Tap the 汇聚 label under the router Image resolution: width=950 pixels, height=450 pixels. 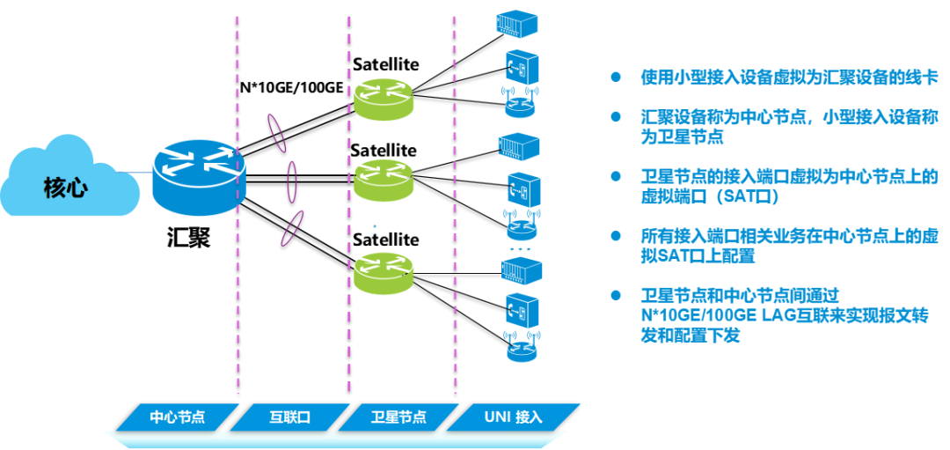pyautogui.click(x=188, y=237)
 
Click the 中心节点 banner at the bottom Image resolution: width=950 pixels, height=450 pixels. pyautogui.click(x=176, y=417)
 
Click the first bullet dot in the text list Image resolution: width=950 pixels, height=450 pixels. pyautogui.click(x=616, y=77)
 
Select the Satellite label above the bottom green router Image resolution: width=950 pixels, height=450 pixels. pyautogui.click(x=385, y=240)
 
